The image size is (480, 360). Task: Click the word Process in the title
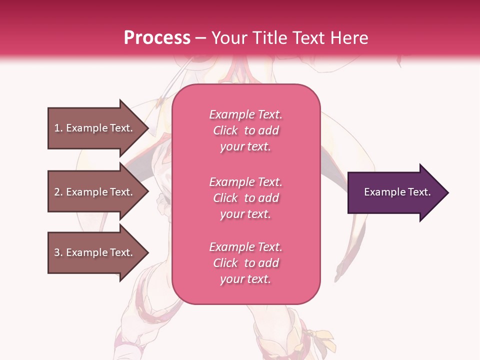157,38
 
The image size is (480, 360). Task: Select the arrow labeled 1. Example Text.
93,128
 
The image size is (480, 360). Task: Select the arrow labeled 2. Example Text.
93,192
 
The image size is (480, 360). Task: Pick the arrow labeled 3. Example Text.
93,252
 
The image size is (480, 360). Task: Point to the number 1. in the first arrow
58,128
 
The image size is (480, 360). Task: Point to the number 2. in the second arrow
58,192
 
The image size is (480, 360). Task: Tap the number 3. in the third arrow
58,252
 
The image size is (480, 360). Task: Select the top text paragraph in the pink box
245,130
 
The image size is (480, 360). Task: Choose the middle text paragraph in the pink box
245,198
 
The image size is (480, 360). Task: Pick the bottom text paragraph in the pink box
245,263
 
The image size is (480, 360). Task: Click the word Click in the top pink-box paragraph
225,130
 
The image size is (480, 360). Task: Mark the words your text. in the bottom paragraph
245,279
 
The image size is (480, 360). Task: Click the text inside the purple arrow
397,192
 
